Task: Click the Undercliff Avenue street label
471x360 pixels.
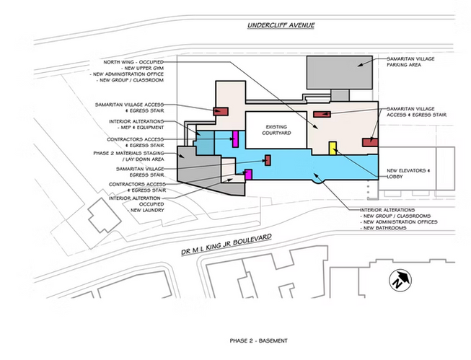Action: pyautogui.click(x=281, y=25)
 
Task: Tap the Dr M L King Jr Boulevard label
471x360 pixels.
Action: pyautogui.click(x=226, y=245)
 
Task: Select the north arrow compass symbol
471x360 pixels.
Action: pyautogui.click(x=400, y=280)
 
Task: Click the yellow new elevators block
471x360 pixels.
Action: pyautogui.click(x=333, y=148)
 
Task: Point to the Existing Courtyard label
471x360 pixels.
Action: pyautogui.click(x=276, y=130)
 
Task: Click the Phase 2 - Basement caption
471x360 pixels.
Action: pyautogui.click(x=259, y=341)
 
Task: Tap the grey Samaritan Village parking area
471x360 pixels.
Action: pyautogui.click(x=340, y=72)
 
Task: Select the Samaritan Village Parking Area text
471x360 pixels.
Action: pyautogui.click(x=410, y=61)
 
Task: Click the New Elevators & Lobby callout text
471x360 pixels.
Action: pyautogui.click(x=408, y=173)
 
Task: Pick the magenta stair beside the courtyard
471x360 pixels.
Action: pyautogui.click(x=235, y=139)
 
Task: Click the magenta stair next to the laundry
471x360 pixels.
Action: pyautogui.click(x=248, y=175)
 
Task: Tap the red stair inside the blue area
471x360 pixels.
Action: pyautogui.click(x=268, y=160)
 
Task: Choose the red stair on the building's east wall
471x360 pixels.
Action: pyautogui.click(x=370, y=142)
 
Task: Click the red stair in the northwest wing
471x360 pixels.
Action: pyautogui.click(x=221, y=111)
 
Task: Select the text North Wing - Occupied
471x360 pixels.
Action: pyautogui.click(x=133, y=62)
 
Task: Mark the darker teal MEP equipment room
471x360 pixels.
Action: pyautogui.click(x=205, y=143)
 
